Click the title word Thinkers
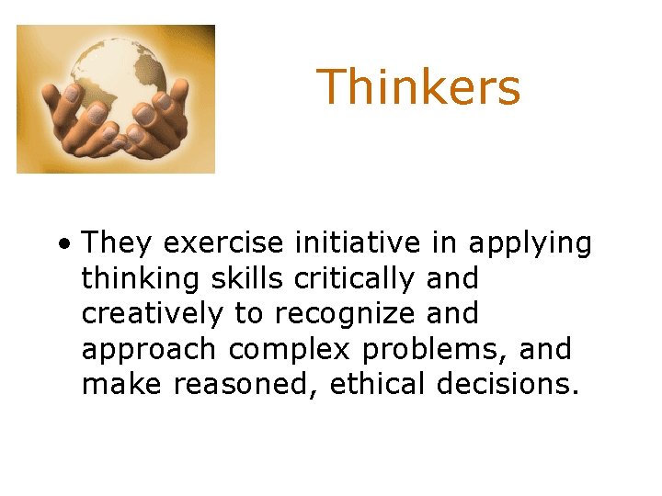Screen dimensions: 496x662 click(418, 88)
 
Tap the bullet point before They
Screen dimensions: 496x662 click(62, 245)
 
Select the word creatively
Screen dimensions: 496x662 click(153, 314)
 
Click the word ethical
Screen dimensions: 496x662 click(375, 384)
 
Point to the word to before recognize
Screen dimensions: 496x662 click(248, 314)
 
